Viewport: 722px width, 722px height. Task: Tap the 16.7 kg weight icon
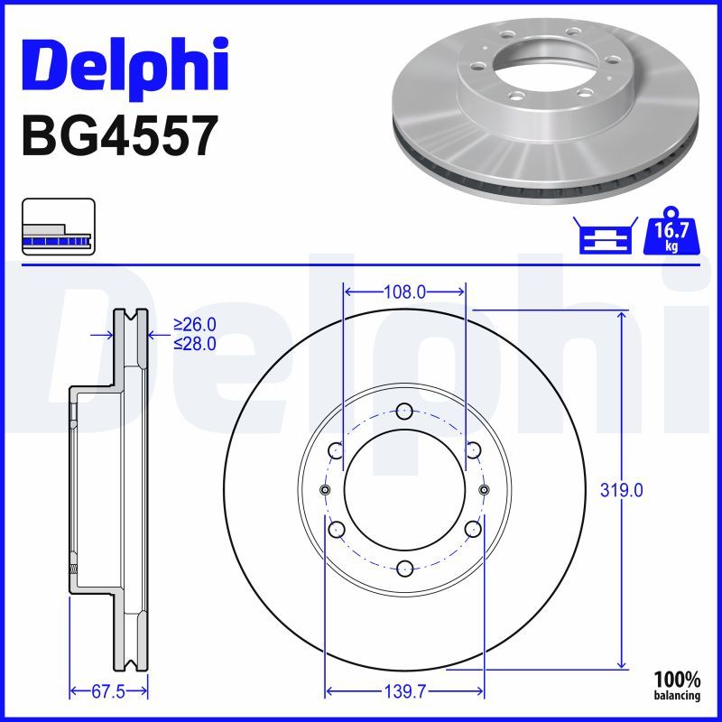coord(671,236)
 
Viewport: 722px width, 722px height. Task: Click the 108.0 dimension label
coord(404,292)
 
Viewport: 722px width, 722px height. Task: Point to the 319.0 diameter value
coord(622,490)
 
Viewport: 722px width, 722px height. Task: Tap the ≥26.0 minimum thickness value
coord(195,325)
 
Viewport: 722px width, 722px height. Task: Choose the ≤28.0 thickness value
coord(195,343)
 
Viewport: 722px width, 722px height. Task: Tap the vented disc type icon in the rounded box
coord(58,227)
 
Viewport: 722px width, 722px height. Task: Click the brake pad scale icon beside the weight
coord(604,237)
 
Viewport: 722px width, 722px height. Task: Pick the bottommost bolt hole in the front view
coord(404,568)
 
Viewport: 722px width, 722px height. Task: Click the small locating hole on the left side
coord(325,489)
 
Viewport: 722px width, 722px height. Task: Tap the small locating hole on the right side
coord(485,489)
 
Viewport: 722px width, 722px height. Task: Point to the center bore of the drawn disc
coord(404,489)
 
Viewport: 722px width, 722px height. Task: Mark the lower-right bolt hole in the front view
coord(472,529)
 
